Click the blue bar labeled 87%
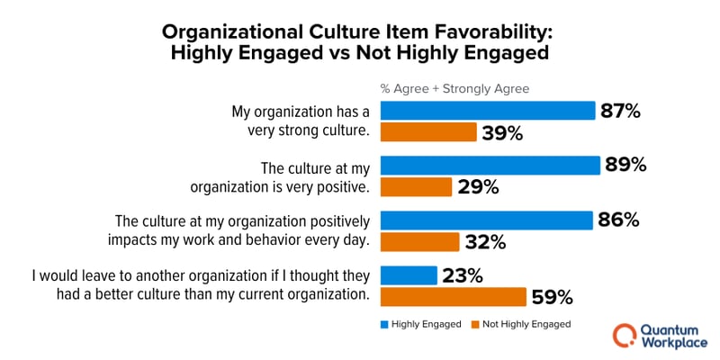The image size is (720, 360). (488, 111)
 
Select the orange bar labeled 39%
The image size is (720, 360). (428, 132)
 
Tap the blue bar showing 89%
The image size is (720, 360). (490, 166)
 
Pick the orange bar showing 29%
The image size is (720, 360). (416, 187)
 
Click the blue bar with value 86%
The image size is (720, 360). (487, 220)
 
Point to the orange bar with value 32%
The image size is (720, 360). (419, 242)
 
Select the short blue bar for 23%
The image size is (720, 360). (409, 275)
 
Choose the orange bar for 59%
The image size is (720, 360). (453, 297)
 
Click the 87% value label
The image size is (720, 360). (620, 111)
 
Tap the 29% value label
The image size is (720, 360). (477, 187)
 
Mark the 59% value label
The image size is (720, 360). (552, 297)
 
